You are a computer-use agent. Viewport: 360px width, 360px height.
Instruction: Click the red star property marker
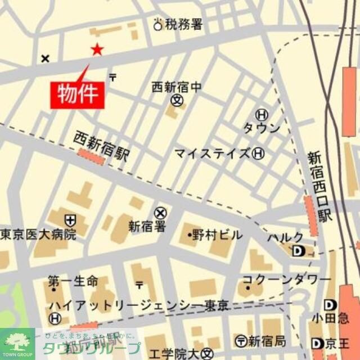tap(97, 50)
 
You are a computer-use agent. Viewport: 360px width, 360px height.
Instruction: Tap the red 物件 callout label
tap(78, 93)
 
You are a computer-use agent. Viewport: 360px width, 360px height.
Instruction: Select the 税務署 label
tap(184, 24)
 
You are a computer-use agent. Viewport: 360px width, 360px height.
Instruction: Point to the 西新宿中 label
tap(176, 87)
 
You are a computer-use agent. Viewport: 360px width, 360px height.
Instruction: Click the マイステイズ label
tap(212, 153)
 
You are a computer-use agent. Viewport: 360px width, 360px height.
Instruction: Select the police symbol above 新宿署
tap(161, 213)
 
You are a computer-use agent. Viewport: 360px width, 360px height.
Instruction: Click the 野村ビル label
tap(217, 235)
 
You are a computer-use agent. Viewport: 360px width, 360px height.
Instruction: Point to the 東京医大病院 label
tap(38, 235)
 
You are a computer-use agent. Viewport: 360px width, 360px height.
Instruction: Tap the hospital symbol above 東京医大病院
tap(70, 220)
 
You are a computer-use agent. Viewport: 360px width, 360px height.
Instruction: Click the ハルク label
tap(286, 237)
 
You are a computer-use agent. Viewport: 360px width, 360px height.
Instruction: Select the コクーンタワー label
tap(286, 280)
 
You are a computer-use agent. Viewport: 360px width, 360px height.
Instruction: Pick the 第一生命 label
tap(73, 281)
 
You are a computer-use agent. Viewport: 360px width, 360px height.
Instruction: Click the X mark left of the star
tap(46, 58)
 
